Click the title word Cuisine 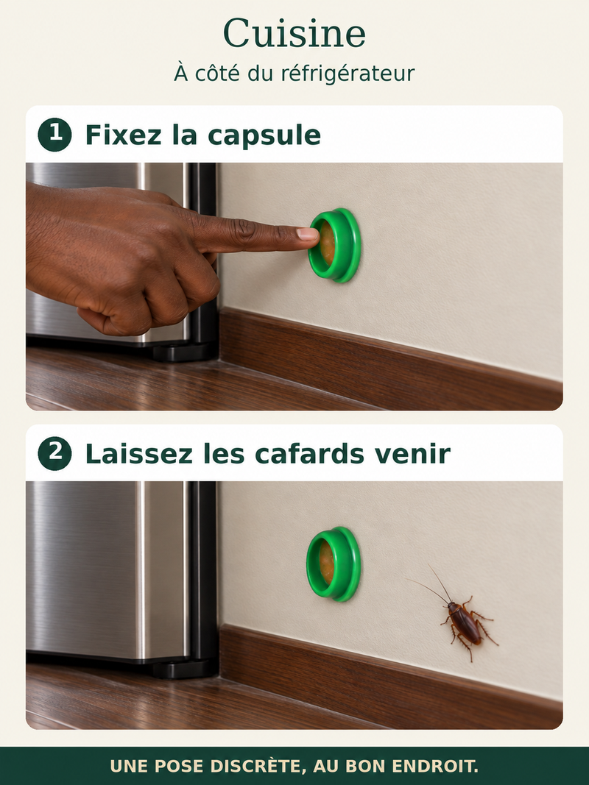294,33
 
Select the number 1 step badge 54,135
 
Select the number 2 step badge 54,453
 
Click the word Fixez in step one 124,135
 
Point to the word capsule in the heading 264,136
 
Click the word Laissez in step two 138,454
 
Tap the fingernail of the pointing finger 306,233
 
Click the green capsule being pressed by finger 334,245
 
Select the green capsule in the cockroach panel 334,564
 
